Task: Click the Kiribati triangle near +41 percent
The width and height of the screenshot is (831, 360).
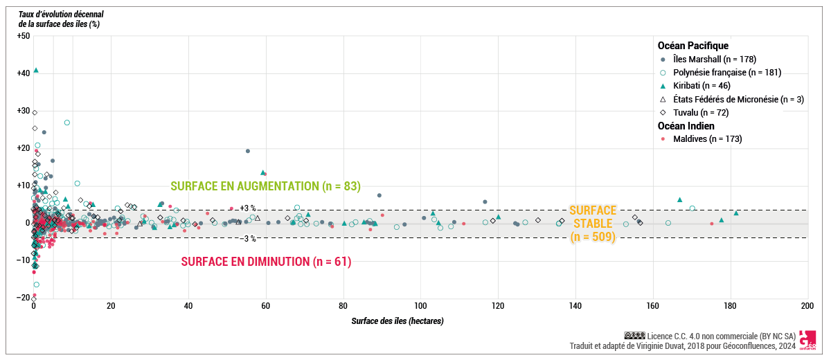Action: [36, 70]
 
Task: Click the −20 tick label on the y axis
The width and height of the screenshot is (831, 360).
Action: [22, 298]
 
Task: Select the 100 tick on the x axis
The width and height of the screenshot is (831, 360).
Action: [420, 306]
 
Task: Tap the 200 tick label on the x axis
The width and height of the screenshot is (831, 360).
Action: [807, 306]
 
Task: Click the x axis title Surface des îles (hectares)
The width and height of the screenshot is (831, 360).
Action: [397, 321]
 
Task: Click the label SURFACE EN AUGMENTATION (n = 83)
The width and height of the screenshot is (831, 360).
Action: [266, 186]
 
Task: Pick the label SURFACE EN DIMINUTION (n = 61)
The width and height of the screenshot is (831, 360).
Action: [266, 262]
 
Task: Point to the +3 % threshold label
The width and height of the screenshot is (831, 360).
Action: [248, 208]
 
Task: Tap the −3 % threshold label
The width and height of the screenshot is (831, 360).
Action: [248, 239]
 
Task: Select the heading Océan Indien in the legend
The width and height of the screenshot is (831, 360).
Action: [686, 126]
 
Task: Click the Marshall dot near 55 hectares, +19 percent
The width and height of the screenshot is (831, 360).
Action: [248, 151]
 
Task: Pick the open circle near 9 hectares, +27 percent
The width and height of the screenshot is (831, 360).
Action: [67, 123]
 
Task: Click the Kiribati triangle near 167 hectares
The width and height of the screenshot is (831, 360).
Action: [680, 199]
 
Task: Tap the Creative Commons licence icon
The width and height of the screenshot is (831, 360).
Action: [634, 335]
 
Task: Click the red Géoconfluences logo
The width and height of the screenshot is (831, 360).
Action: [807, 340]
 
